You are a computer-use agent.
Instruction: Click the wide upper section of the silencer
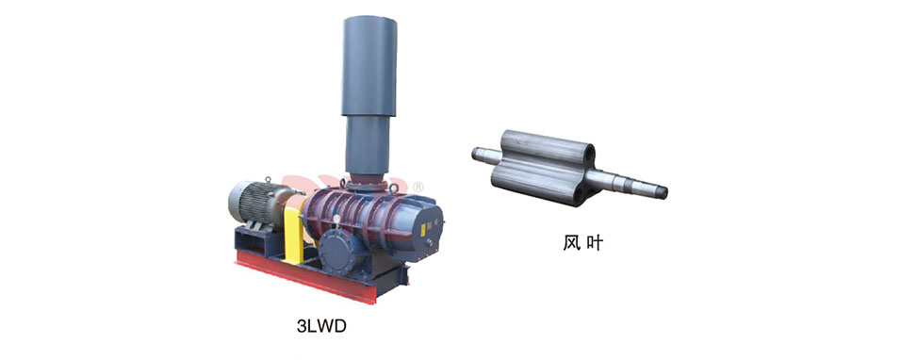369,65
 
